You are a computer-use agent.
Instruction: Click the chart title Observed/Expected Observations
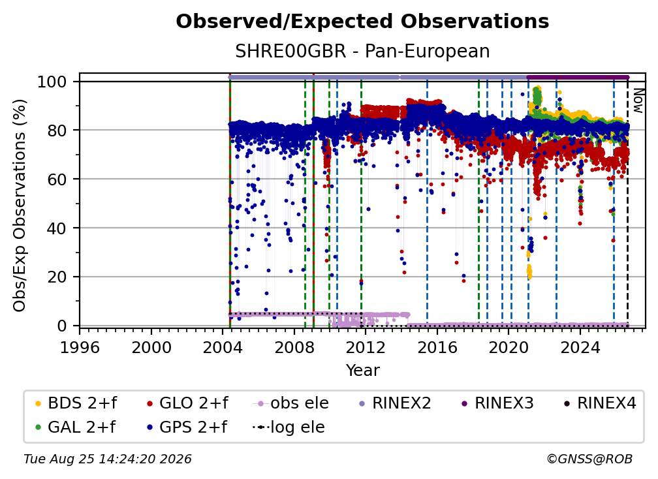362,22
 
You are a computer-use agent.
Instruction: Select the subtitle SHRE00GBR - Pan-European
362,51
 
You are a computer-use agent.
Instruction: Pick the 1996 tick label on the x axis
80,347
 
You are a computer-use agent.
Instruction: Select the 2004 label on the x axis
223,347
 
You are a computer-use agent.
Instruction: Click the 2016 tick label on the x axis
437,347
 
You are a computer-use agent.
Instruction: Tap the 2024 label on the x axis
580,347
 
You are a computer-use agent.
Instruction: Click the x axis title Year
362,371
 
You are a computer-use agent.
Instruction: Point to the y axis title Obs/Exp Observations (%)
20,206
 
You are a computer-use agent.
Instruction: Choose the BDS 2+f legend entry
76,403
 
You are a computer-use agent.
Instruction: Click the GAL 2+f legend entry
75,427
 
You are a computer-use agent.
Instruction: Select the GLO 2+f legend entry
187,403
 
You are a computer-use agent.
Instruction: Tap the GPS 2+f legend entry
187,427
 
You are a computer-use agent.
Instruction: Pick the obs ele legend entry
291,403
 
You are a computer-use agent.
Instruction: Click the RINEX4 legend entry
600,403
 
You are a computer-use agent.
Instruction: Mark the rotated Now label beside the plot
637,100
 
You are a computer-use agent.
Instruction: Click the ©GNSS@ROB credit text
589,459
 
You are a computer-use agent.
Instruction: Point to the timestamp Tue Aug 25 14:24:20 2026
108,459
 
